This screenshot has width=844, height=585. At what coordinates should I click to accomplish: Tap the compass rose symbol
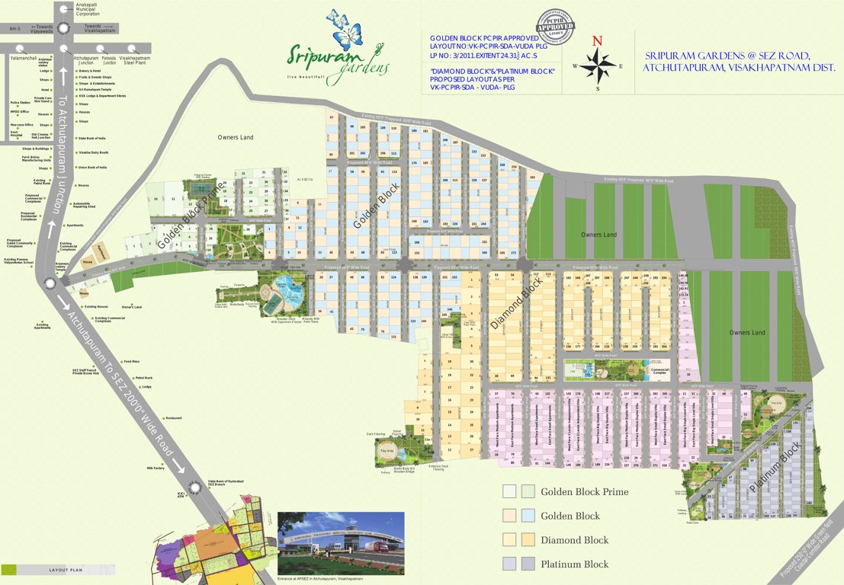599,66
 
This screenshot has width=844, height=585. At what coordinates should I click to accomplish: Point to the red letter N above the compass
598,41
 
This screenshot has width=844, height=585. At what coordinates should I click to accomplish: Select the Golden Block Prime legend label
584,492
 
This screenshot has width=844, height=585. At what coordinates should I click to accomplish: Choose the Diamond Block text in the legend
574,540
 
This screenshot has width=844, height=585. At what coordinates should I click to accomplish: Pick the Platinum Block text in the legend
574,564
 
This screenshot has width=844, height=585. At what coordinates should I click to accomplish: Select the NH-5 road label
14,29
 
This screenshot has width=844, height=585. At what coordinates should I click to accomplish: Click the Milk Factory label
155,468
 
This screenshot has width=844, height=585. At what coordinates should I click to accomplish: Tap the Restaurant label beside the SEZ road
174,418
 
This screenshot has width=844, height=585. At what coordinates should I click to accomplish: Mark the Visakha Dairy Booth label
94,152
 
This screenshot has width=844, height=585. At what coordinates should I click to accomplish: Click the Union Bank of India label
91,167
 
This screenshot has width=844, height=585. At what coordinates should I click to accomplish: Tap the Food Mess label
131,362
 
